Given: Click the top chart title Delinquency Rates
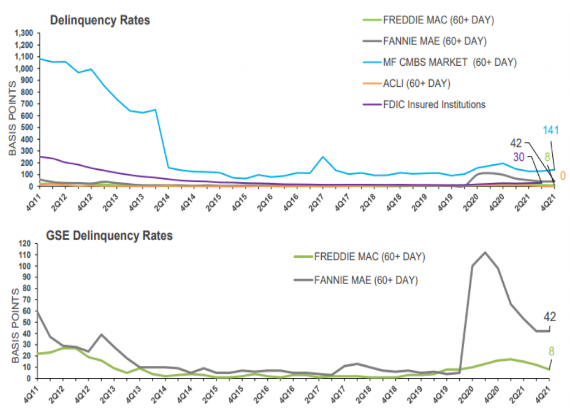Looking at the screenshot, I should click(x=100, y=20).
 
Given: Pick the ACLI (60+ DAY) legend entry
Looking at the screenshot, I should click(x=416, y=84).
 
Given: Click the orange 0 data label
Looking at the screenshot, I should click(x=563, y=176).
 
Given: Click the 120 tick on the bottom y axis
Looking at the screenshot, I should click(x=26, y=243).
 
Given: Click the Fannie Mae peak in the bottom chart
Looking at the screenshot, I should click(x=484, y=252).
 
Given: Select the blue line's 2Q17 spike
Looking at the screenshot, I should click(x=323, y=157).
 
